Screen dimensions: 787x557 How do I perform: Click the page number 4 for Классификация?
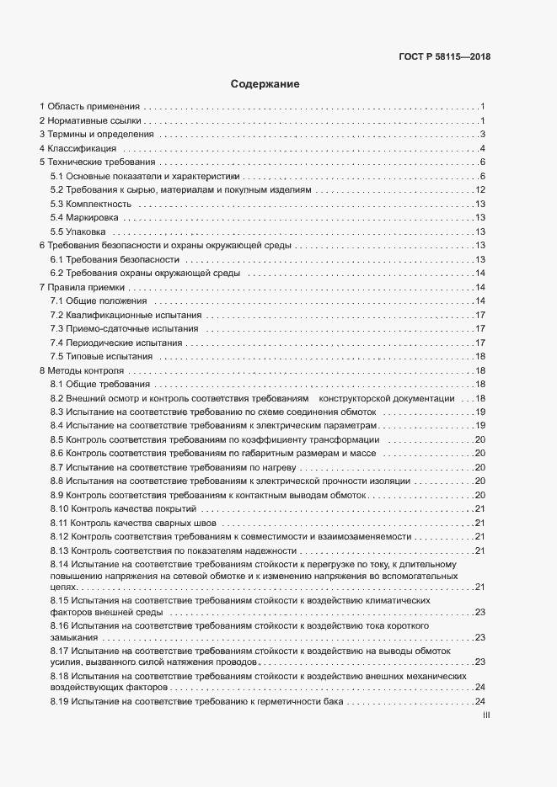click(481, 148)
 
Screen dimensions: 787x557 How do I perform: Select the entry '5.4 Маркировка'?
click(84, 217)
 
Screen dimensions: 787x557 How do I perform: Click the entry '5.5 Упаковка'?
click(78, 231)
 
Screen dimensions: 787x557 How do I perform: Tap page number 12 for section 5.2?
click(479, 190)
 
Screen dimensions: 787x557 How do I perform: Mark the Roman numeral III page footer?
click(485, 715)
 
